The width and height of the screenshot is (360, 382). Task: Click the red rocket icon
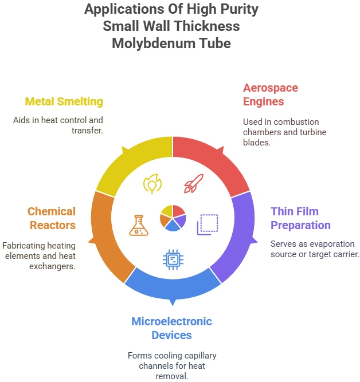point(193,183)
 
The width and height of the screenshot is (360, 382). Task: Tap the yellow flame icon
point(152,184)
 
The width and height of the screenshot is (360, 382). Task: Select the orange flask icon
point(139,225)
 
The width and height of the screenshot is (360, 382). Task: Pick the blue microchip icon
point(173,259)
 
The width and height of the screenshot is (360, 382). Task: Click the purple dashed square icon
point(208,225)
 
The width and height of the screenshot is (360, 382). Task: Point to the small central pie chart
point(173,218)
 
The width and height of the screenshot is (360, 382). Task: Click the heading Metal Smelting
point(64,101)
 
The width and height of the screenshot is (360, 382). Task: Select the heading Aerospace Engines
point(271,94)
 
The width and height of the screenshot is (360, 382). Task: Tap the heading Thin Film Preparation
point(300,218)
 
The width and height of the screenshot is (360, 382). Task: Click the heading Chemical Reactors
point(52,218)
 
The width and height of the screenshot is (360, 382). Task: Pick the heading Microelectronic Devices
point(172,328)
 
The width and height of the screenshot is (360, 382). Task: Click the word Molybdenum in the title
point(154,44)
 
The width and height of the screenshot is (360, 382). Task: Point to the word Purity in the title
point(239,9)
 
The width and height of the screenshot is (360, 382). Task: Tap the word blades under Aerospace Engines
point(257,142)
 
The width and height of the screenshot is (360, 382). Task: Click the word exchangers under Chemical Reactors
point(52,266)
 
